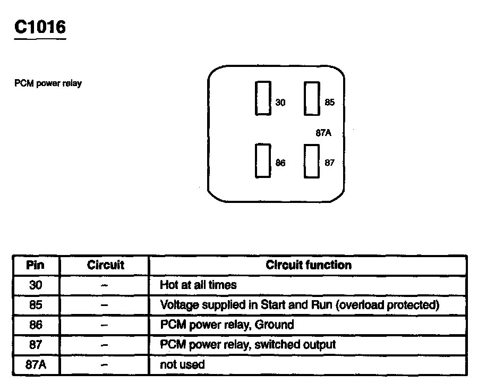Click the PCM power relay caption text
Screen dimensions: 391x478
tap(48, 83)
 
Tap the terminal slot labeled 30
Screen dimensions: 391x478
tap(263, 98)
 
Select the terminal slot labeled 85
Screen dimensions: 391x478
tap(312, 98)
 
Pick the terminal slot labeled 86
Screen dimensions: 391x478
tap(263, 160)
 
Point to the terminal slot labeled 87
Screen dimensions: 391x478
tap(312, 160)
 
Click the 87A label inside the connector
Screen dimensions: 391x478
tap(323, 133)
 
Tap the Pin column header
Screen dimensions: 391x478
tap(36, 265)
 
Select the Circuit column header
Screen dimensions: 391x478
tap(105, 265)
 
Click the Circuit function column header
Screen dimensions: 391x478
tap(309, 265)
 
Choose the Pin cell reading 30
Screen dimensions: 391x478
tap(36, 285)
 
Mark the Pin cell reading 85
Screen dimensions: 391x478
tap(36, 305)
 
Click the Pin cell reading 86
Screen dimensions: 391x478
tap(36, 325)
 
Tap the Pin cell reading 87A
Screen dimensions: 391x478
tap(36, 365)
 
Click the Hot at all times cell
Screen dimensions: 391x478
tap(198, 285)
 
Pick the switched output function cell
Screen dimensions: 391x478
tap(248, 345)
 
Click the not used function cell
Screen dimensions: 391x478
tap(182, 365)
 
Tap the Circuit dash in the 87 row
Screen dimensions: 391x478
tap(105, 345)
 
